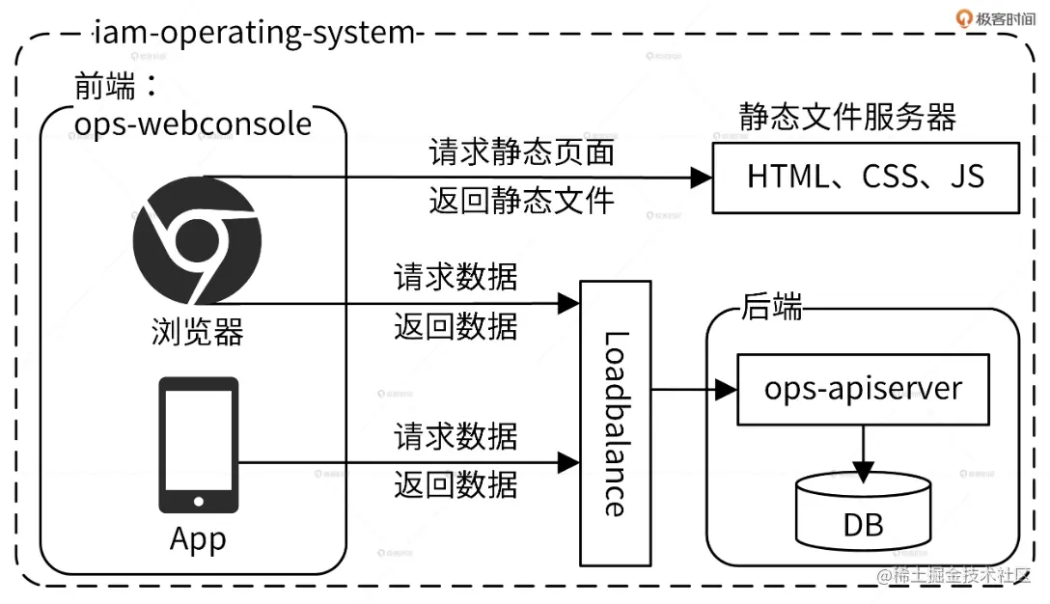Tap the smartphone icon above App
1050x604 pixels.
[x=198, y=445]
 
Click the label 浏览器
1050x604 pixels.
[x=197, y=331]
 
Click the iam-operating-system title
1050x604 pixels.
[x=254, y=33]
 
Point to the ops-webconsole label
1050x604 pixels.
[x=193, y=124]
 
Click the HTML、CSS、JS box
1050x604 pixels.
[x=866, y=178]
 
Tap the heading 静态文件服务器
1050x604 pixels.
[x=847, y=117]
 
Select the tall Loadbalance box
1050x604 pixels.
[x=615, y=423]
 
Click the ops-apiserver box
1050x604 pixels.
[x=863, y=389]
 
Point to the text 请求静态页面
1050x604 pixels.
[x=521, y=152]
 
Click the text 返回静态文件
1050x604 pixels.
[x=521, y=200]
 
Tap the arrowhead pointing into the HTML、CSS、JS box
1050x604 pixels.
[x=701, y=178]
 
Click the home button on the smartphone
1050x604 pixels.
[x=198, y=501]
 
